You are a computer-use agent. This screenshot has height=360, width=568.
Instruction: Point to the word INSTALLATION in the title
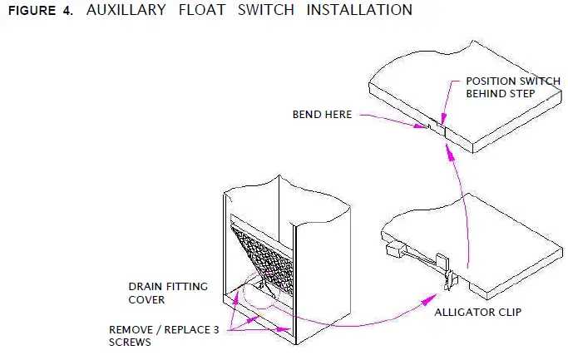click(x=358, y=11)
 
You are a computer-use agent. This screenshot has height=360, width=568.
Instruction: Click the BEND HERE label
click(x=323, y=114)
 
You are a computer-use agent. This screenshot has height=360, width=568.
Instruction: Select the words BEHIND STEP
click(x=500, y=94)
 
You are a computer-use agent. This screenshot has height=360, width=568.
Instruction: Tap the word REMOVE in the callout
click(x=131, y=329)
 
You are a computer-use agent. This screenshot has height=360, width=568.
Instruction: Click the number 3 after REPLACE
click(x=215, y=329)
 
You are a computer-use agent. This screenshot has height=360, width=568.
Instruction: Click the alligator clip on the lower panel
click(x=447, y=274)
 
